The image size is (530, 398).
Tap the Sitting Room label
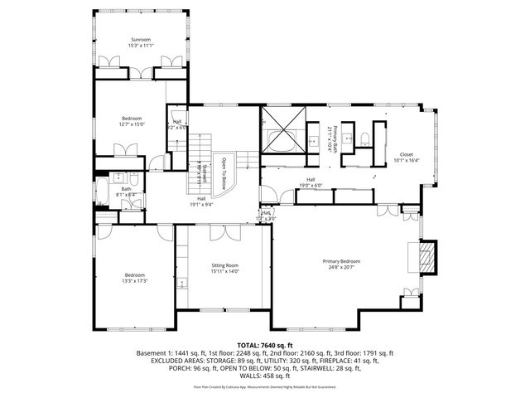224,265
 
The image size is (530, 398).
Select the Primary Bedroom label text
341,261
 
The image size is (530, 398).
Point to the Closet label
406,154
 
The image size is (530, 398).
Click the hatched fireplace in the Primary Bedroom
426,256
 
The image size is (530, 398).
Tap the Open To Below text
223,172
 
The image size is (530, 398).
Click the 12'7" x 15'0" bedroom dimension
132,124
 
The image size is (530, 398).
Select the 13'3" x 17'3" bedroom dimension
135,280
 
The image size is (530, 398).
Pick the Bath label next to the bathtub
126,188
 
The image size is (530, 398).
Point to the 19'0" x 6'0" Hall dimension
311,185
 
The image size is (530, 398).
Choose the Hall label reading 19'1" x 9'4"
202,204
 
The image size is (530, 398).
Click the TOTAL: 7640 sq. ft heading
265,344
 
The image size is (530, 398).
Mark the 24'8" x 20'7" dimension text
341,267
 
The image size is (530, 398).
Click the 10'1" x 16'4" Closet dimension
406,160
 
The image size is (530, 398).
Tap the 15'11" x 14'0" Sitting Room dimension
224,270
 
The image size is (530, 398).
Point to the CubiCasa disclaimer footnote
265,386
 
